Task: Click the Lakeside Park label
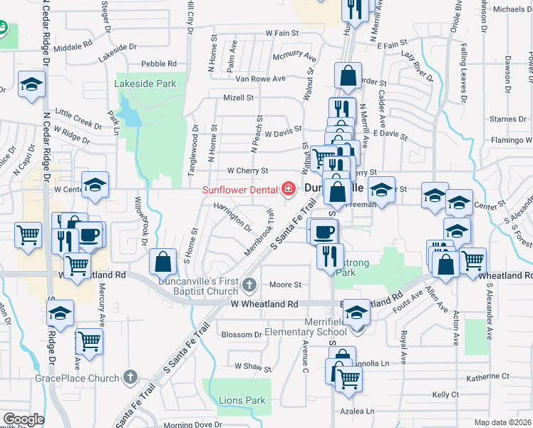(x=145, y=84)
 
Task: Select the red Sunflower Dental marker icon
(x=289, y=190)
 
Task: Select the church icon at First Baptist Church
(x=249, y=285)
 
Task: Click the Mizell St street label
(x=239, y=98)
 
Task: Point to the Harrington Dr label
(x=232, y=216)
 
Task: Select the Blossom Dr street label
(x=242, y=335)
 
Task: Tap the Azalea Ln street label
(x=359, y=411)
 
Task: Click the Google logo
(x=23, y=419)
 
